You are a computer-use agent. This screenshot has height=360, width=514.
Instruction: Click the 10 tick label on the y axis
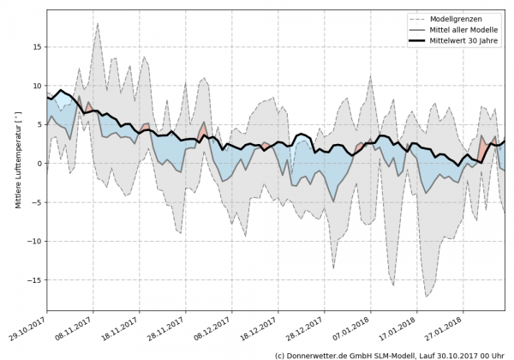tap(36, 86)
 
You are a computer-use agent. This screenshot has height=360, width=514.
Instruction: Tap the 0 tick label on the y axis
tap(39, 164)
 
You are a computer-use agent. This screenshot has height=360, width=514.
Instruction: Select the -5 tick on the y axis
tap(36, 202)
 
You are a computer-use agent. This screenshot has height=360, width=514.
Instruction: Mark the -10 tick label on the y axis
tap(33, 242)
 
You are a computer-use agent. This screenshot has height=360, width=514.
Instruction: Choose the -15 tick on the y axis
tap(33, 280)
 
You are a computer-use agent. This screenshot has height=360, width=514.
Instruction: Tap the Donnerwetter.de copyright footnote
tap(389, 354)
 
